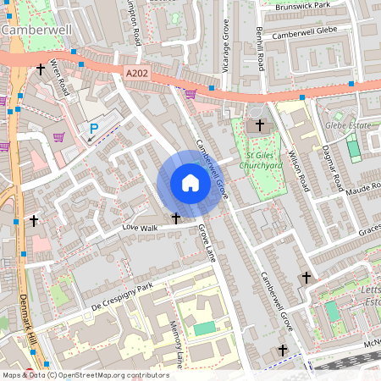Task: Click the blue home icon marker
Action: point(190,183)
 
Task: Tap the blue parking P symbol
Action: point(94,129)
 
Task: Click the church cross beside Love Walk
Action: point(176,218)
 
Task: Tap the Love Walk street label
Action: point(141,228)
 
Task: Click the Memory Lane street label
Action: point(175,344)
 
